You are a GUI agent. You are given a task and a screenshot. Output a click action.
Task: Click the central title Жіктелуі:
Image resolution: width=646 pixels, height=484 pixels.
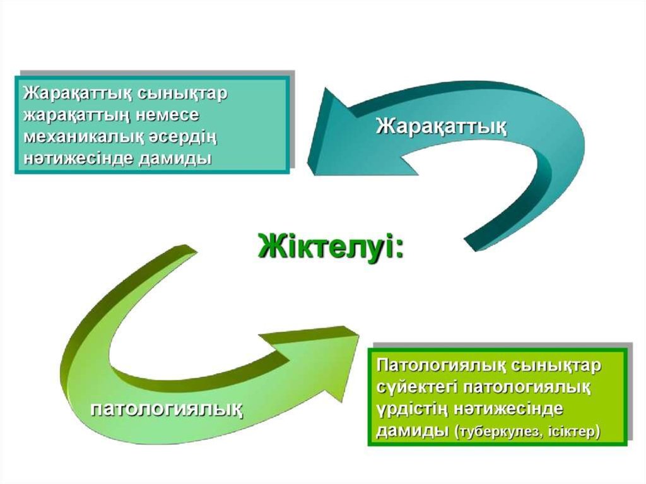(x=331, y=246)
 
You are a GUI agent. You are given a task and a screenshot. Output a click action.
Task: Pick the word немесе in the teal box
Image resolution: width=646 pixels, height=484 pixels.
(x=167, y=116)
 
